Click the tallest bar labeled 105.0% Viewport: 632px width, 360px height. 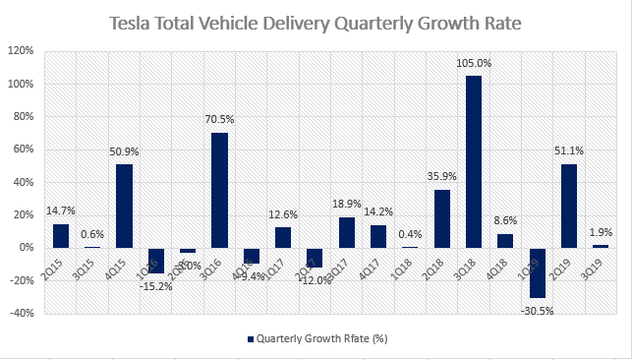474,161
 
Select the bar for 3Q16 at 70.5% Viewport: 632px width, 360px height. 219,190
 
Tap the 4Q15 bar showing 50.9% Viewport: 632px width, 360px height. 124,206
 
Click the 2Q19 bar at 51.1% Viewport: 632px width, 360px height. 568,206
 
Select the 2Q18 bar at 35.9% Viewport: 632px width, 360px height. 441,218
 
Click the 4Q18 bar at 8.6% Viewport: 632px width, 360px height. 505,240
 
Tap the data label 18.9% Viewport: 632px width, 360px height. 346,204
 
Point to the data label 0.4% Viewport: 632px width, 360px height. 410,234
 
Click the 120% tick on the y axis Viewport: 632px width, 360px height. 24,50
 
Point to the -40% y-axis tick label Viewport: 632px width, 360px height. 24,314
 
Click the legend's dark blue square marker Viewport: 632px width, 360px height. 249,340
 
